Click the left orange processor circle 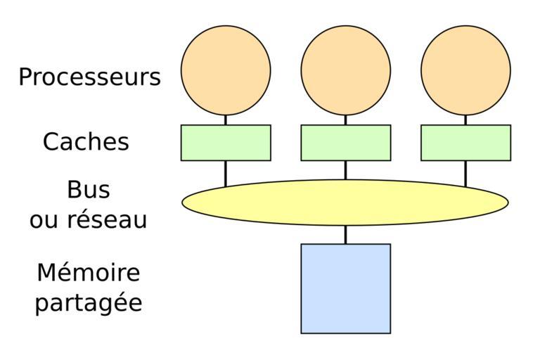pyautogui.click(x=226, y=70)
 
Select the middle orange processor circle pyautogui.click(x=345, y=70)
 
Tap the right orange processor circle pyautogui.click(x=465, y=70)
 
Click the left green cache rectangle pyautogui.click(x=226, y=143)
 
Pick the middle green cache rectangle pyautogui.click(x=345, y=143)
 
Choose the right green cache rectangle pyautogui.click(x=465, y=143)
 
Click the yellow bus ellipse pyautogui.click(x=345, y=202)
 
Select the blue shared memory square pyautogui.click(x=345, y=288)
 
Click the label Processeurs pyautogui.click(x=89, y=77)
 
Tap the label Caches pyautogui.click(x=86, y=142)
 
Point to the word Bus pyautogui.click(x=89, y=190)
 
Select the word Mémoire pyautogui.click(x=89, y=273)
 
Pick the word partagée pyautogui.click(x=89, y=303)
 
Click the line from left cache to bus pyautogui.click(x=226, y=173)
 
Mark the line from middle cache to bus pyautogui.click(x=345, y=170)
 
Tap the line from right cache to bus pyautogui.click(x=465, y=173)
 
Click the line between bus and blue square pyautogui.click(x=345, y=235)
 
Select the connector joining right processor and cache pyautogui.click(x=465, y=120)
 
